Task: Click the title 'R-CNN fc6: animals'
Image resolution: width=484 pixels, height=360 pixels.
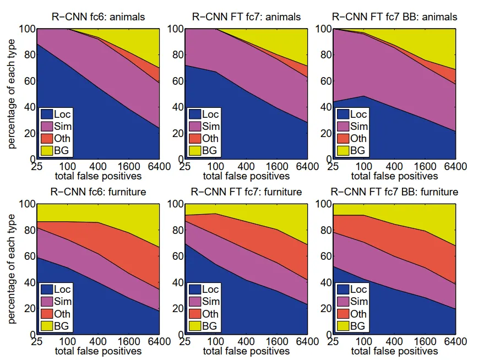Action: click(97, 17)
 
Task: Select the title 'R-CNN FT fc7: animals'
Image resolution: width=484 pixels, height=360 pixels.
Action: click(246, 17)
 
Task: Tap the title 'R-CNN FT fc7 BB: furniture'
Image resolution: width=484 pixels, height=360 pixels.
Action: click(394, 192)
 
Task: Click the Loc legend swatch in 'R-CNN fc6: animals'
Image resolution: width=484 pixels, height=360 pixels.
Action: click(46, 114)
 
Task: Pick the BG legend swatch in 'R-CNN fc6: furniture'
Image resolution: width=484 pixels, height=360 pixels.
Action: click(46, 325)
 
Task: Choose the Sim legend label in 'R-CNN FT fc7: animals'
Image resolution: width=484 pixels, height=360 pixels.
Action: click(210, 127)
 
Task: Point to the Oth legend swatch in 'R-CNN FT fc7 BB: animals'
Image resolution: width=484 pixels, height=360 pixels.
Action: click(342, 138)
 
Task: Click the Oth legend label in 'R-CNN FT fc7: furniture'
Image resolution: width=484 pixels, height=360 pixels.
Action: click(210, 314)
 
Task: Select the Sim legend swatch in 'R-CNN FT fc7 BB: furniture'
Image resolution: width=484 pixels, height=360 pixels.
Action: click(342, 301)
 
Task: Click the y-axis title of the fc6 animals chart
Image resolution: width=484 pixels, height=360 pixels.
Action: click(12, 94)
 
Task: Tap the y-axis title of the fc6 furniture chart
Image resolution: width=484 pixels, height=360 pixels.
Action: click(12, 269)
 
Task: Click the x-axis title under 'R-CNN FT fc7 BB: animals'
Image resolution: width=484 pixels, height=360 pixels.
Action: click(394, 176)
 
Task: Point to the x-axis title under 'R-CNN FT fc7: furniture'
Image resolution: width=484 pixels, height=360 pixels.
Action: click(246, 351)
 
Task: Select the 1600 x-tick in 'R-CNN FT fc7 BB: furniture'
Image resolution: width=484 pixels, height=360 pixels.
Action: click(425, 342)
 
